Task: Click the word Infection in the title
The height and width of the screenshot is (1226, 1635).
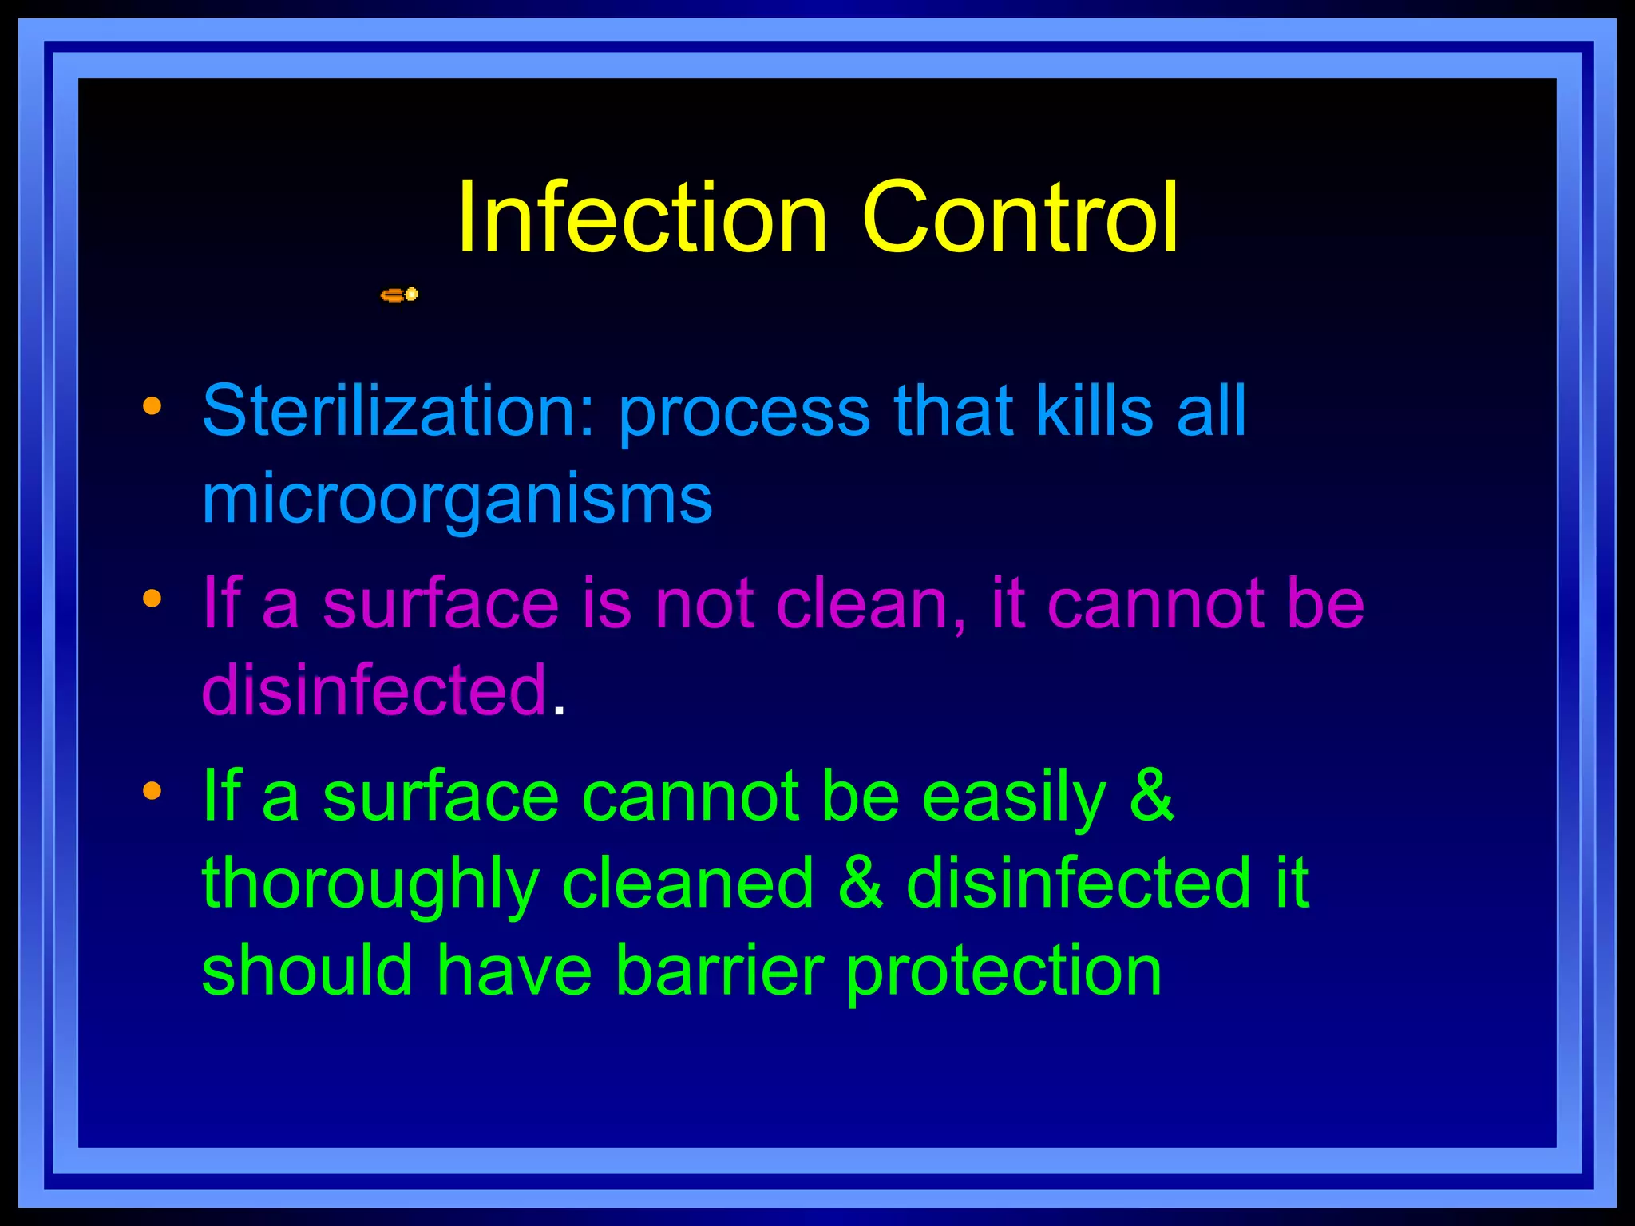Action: [x=642, y=218]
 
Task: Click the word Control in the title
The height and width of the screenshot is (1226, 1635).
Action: [x=1019, y=218]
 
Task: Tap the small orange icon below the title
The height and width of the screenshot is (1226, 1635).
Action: [x=399, y=295]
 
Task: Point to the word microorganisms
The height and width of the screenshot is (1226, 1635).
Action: [x=457, y=500]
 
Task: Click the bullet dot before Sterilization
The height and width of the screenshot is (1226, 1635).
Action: [x=152, y=408]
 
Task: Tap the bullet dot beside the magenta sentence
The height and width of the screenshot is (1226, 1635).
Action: [x=152, y=599]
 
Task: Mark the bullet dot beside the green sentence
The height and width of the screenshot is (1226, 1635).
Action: [x=152, y=791]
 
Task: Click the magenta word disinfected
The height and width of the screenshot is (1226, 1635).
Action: [x=374, y=690]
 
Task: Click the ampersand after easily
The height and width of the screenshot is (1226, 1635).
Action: [x=1152, y=797]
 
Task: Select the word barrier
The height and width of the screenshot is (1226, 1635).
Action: [x=719, y=971]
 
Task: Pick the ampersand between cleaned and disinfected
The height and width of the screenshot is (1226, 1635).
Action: [x=861, y=884]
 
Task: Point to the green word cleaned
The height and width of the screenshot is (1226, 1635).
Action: [x=688, y=884]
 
